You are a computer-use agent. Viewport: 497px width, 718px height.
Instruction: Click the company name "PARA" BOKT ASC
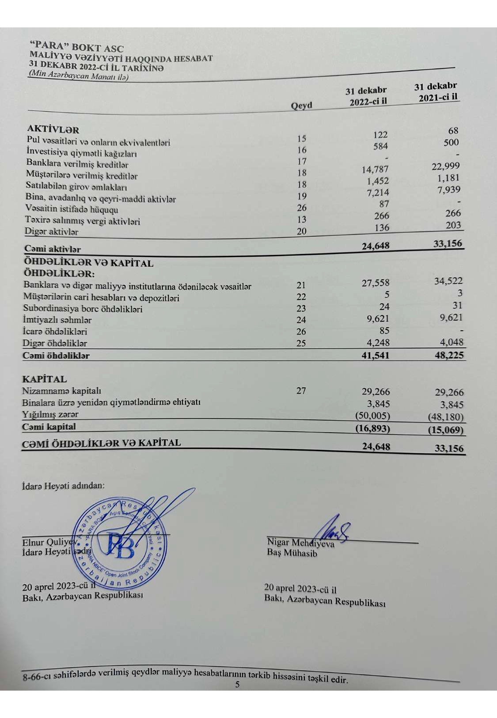coord(76,46)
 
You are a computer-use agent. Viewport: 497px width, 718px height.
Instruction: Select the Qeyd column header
coord(301,106)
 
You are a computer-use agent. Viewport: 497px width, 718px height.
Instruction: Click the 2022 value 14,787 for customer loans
coord(375,169)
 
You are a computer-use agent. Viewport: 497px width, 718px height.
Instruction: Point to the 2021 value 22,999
coord(445,166)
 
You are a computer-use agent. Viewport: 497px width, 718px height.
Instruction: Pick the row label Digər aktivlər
coord(52,232)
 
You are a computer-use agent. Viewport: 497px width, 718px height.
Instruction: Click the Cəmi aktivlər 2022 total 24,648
coord(376,246)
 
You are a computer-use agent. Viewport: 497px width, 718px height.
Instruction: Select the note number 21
coord(301,285)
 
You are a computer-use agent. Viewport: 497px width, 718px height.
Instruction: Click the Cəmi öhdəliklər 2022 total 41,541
coord(376,355)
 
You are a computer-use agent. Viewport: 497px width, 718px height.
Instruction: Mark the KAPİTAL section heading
coord(45,379)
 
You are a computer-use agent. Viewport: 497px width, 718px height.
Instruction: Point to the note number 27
coord(301,391)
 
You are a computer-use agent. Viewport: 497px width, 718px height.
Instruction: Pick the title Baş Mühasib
coord(292,553)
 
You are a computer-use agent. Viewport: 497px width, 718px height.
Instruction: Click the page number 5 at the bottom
coord(237,684)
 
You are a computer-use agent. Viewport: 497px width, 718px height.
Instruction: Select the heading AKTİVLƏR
coord(53,129)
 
